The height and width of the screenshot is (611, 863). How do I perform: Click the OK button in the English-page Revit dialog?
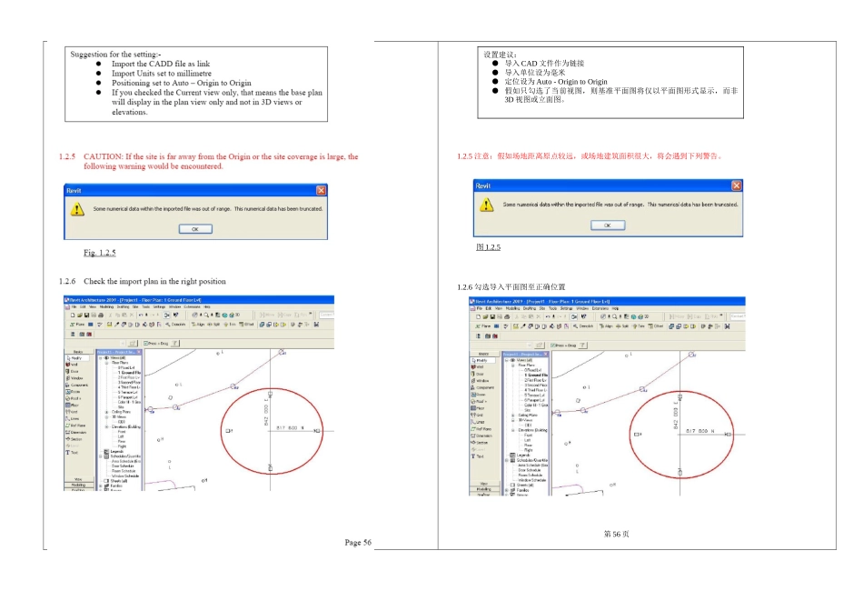tap(194, 229)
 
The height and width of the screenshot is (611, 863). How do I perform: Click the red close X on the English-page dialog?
tap(321, 190)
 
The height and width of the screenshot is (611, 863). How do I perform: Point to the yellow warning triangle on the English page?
tap(77, 209)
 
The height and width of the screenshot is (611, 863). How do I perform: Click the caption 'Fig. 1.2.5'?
tap(100, 253)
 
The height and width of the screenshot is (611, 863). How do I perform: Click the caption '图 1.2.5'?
tap(489, 247)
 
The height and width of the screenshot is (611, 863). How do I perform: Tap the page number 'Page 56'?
tap(358, 543)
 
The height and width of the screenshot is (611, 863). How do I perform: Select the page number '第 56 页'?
tap(616, 534)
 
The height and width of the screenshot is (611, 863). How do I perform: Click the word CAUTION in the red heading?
tap(104, 156)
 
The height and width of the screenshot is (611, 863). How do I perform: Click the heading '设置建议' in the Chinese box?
tap(501, 55)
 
